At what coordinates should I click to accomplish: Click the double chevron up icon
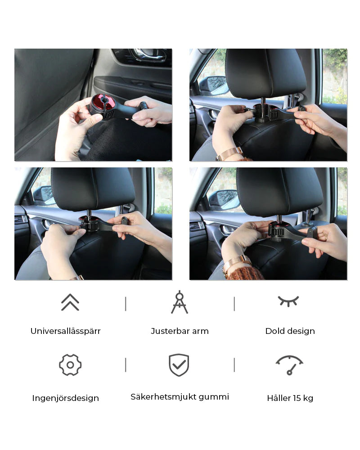click(x=70, y=302)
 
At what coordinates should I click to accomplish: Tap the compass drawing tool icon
click(x=180, y=302)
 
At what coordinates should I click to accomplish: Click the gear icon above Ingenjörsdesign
click(x=70, y=365)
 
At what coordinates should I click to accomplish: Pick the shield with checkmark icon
click(x=179, y=365)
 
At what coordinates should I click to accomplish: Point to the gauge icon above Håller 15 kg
click(x=289, y=365)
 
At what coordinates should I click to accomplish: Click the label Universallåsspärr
click(x=65, y=331)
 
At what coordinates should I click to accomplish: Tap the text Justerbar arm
click(x=180, y=331)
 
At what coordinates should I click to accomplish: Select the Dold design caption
click(x=290, y=331)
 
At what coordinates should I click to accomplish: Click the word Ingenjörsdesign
click(x=65, y=398)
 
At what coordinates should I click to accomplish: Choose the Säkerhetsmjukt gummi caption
click(x=180, y=397)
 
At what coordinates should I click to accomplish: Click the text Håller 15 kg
click(x=290, y=398)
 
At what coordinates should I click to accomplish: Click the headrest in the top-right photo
click(x=266, y=73)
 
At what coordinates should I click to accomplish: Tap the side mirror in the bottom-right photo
click(x=224, y=200)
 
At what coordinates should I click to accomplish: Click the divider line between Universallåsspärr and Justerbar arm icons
click(x=126, y=304)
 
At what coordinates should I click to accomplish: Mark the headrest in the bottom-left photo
click(x=93, y=189)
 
